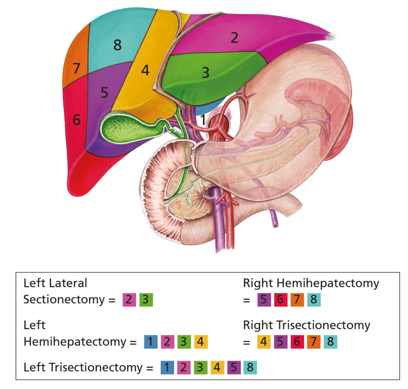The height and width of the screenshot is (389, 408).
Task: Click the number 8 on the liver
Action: [117, 45]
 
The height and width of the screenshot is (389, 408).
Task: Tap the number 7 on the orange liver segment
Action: [76, 69]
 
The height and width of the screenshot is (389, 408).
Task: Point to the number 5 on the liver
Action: [104, 92]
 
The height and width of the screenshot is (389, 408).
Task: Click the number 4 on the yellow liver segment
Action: [145, 71]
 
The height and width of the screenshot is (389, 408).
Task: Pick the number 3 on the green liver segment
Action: [206, 73]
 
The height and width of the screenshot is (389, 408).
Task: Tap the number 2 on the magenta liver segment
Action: [234, 38]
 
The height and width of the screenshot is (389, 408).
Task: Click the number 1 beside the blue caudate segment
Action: [203, 119]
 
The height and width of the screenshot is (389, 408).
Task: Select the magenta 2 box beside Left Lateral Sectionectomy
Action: [129, 299]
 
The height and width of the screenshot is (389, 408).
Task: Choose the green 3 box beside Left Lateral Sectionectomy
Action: [146, 299]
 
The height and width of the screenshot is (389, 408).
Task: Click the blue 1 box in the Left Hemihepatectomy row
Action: [150, 342]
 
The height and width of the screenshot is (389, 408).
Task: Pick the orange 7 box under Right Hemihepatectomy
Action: [297, 299]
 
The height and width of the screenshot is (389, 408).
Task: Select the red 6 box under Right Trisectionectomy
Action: [280, 342]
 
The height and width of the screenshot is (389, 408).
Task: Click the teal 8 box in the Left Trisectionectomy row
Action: [250, 367]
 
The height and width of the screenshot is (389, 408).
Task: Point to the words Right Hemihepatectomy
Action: [311, 283]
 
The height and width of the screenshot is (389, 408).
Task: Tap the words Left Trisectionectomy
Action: [82, 367]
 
